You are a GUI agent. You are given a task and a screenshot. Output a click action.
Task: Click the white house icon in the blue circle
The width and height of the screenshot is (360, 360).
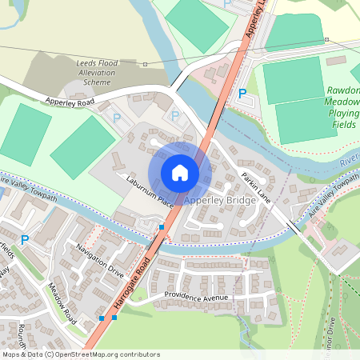click(x=180, y=173)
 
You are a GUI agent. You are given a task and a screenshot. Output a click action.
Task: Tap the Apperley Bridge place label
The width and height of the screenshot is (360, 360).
click(x=220, y=201)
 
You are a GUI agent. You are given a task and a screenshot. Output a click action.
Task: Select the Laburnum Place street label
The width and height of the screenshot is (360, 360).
click(x=144, y=192)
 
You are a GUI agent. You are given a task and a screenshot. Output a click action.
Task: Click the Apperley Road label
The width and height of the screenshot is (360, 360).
click(x=70, y=102)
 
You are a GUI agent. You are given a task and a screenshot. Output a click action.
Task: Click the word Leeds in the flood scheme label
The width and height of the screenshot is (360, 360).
click(x=90, y=62)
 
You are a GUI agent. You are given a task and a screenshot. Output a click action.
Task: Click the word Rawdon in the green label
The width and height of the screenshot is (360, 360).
click(x=344, y=90)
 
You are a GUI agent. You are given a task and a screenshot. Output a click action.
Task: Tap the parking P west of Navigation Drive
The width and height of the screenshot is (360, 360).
click(x=25, y=239)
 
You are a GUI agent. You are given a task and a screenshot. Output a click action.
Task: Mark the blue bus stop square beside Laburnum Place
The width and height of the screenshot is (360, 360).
click(x=162, y=227)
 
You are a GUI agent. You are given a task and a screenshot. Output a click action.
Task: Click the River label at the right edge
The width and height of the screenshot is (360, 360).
click(x=350, y=162)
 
